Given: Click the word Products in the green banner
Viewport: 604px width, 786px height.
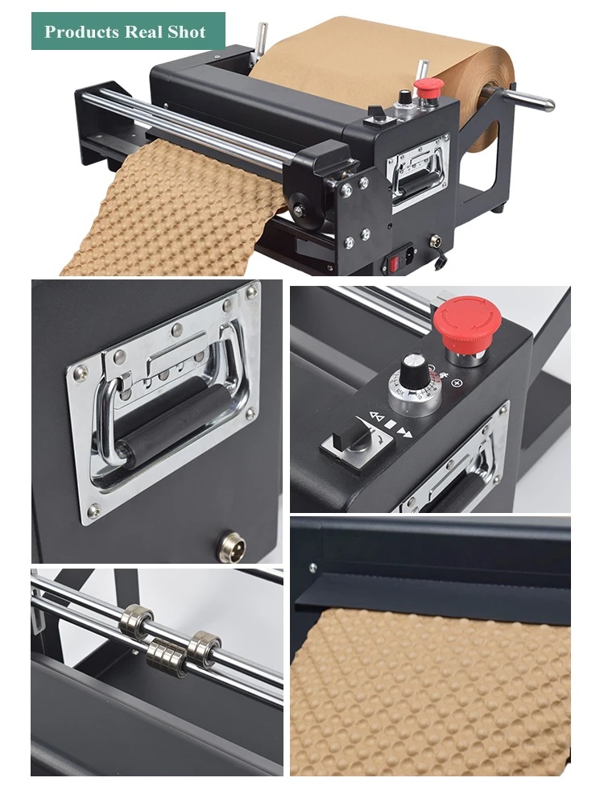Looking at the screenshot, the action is point(81,32).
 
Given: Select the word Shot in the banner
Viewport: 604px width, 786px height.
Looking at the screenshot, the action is point(187,31).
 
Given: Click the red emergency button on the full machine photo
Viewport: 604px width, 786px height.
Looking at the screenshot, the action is point(428,88).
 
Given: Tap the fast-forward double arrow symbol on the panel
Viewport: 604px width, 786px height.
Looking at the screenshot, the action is point(405,432).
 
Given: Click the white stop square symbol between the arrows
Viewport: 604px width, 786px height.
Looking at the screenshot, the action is point(391,424).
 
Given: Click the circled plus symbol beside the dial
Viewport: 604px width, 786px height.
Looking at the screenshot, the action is point(457,383).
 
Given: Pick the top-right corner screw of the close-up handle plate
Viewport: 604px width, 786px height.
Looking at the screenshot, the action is point(251,292).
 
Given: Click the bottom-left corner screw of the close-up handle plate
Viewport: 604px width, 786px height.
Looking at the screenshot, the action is point(93,511).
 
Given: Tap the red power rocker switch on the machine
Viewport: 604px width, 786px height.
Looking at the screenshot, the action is point(395,263).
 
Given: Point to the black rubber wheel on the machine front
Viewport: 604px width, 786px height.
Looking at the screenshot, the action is point(302,209).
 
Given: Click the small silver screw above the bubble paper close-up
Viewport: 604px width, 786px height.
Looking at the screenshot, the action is point(312,568).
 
